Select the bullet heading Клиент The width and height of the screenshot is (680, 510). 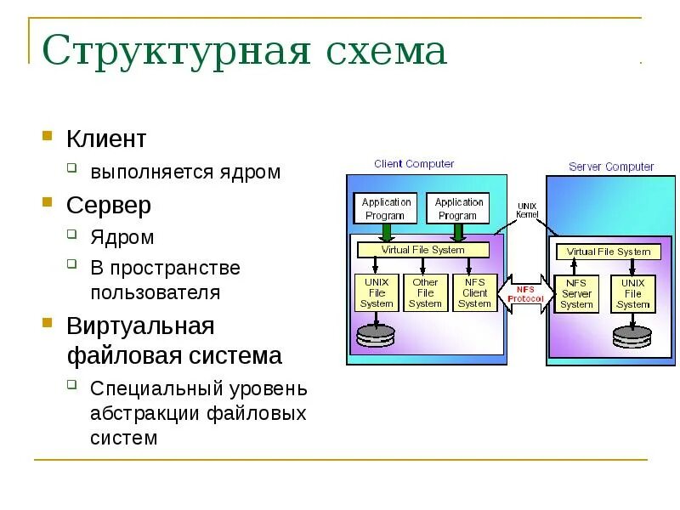(x=106, y=139)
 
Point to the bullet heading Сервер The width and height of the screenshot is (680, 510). (x=109, y=205)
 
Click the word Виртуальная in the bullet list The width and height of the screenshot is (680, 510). (x=140, y=326)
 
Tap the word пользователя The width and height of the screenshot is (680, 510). (x=156, y=293)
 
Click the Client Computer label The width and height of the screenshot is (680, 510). (x=414, y=164)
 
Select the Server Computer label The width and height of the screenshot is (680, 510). (x=611, y=167)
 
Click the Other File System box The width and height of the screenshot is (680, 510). (x=425, y=292)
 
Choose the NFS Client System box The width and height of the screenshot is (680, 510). (x=474, y=292)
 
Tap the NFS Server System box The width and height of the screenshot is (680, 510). (x=576, y=294)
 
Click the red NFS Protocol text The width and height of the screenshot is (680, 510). (x=526, y=293)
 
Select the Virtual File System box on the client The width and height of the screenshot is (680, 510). (x=422, y=250)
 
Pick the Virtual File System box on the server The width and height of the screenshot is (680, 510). (x=608, y=252)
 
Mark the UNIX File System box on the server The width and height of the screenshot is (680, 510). (x=633, y=294)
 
